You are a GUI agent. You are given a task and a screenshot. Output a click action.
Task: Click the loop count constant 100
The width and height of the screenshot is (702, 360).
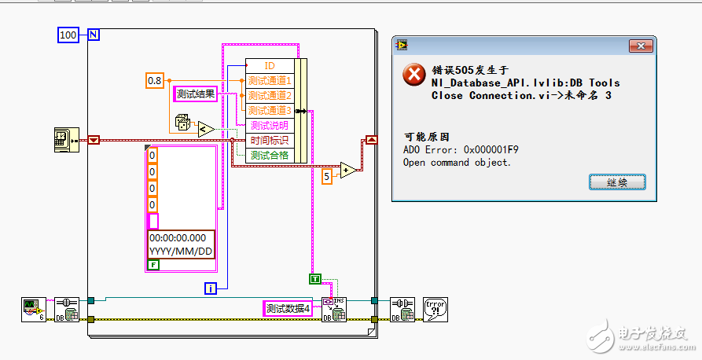tap(68, 35)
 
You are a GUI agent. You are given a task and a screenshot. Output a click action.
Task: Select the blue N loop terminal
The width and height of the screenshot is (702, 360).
tap(93, 35)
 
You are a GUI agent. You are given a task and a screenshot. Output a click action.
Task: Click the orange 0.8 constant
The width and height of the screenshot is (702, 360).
tap(156, 79)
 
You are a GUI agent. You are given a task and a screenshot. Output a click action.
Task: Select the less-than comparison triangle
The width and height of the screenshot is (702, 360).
tap(204, 129)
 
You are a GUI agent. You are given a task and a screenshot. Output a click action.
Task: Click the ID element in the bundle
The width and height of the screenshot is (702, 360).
tap(270, 65)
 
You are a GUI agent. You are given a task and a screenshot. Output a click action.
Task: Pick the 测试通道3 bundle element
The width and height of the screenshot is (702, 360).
tap(270, 110)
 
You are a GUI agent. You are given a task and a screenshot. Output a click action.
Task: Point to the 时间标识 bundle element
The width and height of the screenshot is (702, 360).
tap(270, 140)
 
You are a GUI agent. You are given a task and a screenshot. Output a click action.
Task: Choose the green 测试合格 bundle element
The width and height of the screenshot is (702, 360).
tap(270, 155)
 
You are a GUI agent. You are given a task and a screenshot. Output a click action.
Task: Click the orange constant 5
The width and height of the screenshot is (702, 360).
tap(327, 177)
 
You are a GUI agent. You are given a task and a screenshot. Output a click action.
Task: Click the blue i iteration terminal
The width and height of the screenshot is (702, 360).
tap(210, 288)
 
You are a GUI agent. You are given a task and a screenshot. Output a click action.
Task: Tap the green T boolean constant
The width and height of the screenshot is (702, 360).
tap(315, 278)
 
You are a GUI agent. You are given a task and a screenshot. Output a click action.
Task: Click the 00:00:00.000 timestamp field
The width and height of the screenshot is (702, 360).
tap(181, 237)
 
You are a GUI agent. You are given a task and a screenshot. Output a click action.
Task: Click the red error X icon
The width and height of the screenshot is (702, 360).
tap(413, 75)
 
